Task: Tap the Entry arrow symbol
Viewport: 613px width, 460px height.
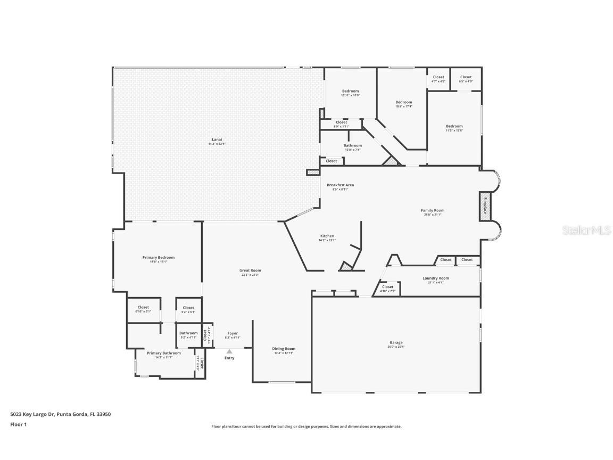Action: (x=229, y=351)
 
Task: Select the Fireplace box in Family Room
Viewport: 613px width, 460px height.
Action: (x=485, y=204)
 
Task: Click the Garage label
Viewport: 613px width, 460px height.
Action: (x=396, y=342)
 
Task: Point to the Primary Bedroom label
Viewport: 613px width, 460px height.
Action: (x=159, y=257)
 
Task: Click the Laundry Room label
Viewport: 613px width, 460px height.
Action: (x=436, y=278)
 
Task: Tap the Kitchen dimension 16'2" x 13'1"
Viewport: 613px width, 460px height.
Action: (x=327, y=241)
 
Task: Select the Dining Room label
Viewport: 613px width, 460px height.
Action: (x=285, y=349)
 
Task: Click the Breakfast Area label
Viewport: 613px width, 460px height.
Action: (x=340, y=185)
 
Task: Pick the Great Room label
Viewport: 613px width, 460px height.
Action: (x=250, y=270)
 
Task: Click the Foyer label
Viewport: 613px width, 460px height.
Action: (x=233, y=333)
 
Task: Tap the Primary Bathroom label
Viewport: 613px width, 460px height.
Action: (x=164, y=353)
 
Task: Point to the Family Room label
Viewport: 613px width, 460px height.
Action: (x=433, y=210)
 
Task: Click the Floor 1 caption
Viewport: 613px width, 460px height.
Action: (x=19, y=424)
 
